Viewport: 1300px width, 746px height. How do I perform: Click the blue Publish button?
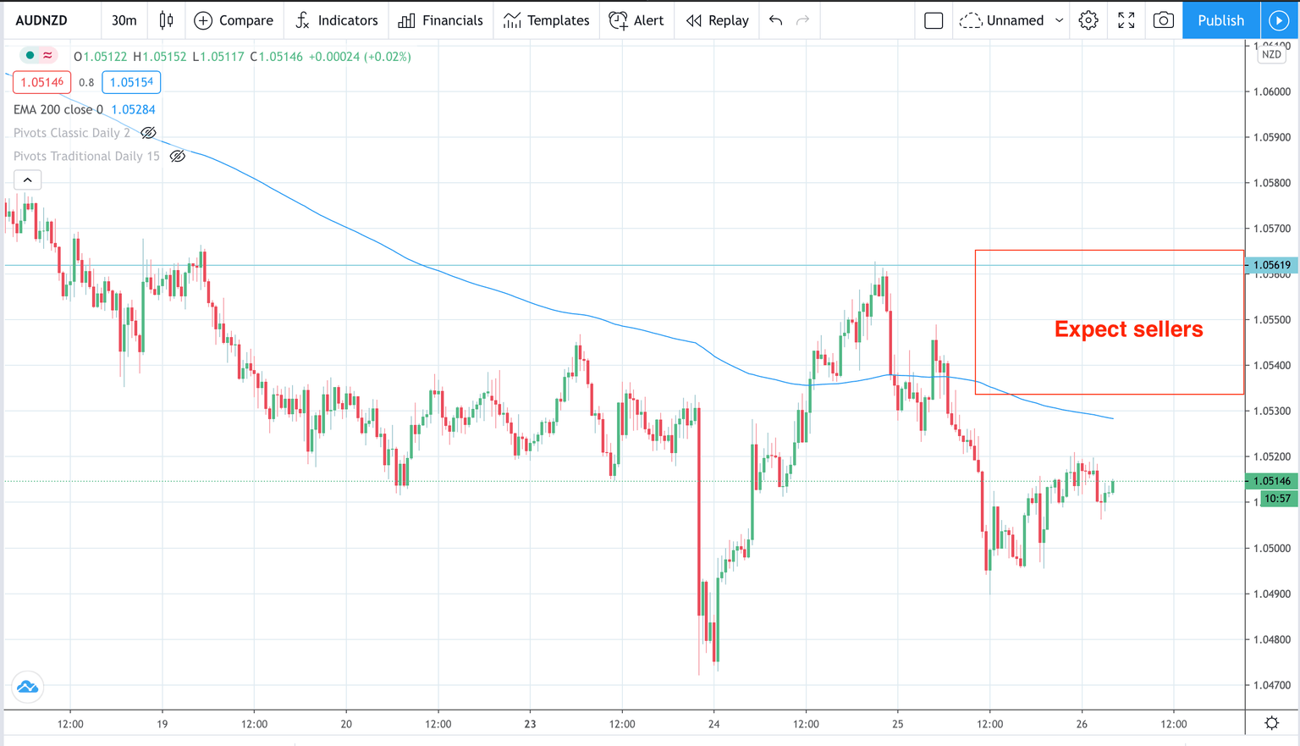tap(1220, 20)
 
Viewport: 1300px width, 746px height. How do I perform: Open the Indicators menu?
tap(337, 20)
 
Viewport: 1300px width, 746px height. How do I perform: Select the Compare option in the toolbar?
tap(234, 20)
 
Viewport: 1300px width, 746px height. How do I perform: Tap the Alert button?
tap(636, 20)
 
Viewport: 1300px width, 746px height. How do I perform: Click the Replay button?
tap(718, 20)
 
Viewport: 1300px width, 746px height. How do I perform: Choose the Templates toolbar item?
tap(546, 20)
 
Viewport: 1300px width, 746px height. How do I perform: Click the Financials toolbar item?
tap(441, 20)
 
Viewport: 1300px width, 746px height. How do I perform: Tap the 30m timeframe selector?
tap(124, 20)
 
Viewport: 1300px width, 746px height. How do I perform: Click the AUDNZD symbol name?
tap(41, 20)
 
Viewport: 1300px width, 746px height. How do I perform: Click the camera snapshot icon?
tap(1163, 20)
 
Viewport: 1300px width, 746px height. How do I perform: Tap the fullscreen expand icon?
tap(1126, 20)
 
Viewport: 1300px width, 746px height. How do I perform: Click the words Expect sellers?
tap(1128, 329)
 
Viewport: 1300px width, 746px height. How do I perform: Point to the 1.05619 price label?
tap(1271, 265)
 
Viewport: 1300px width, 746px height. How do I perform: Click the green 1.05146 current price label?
tap(1271, 481)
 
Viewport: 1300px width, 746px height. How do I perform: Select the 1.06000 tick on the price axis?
tap(1271, 91)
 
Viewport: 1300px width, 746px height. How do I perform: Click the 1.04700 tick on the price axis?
tap(1271, 685)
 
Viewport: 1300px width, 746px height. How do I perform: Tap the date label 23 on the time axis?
tap(530, 724)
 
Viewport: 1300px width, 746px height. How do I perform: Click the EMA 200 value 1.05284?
tap(133, 109)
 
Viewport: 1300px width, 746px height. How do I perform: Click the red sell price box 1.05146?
tap(41, 82)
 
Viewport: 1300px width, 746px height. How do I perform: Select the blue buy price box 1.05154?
tap(131, 82)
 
